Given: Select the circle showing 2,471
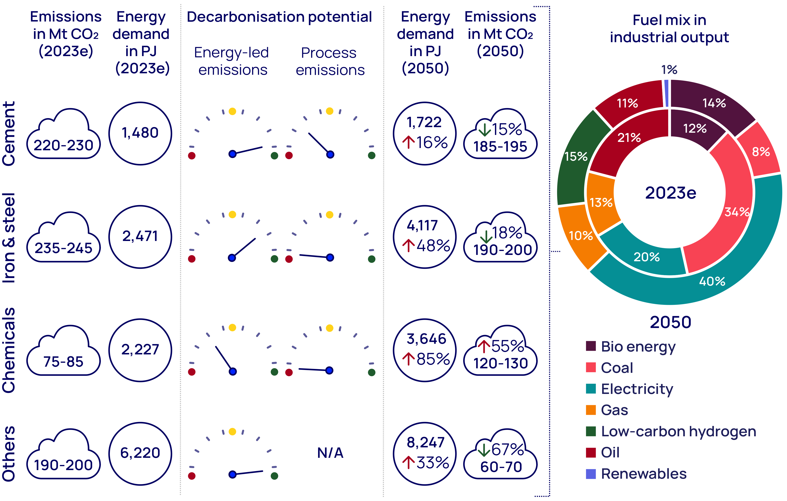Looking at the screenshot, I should [x=140, y=236].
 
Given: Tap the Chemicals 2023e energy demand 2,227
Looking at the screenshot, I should [x=140, y=350].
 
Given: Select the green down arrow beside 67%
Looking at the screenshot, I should [x=484, y=450].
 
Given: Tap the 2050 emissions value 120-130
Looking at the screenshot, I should [x=500, y=363].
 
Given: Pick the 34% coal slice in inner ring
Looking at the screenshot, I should [x=737, y=212].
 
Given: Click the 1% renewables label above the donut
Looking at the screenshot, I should [x=669, y=70].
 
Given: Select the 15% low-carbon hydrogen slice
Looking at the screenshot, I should [x=575, y=156].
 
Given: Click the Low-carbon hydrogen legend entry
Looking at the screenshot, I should [x=678, y=431].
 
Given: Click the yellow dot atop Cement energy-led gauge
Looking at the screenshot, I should [x=232, y=111].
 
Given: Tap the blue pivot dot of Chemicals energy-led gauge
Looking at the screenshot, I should [x=233, y=371].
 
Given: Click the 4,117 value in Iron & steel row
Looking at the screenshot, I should [x=422, y=226].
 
